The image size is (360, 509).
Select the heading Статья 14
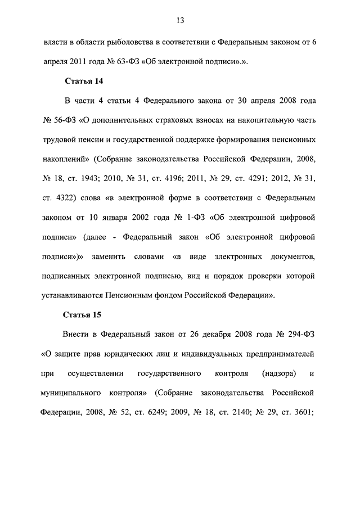(84, 81)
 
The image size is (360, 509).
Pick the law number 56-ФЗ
(65, 120)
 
